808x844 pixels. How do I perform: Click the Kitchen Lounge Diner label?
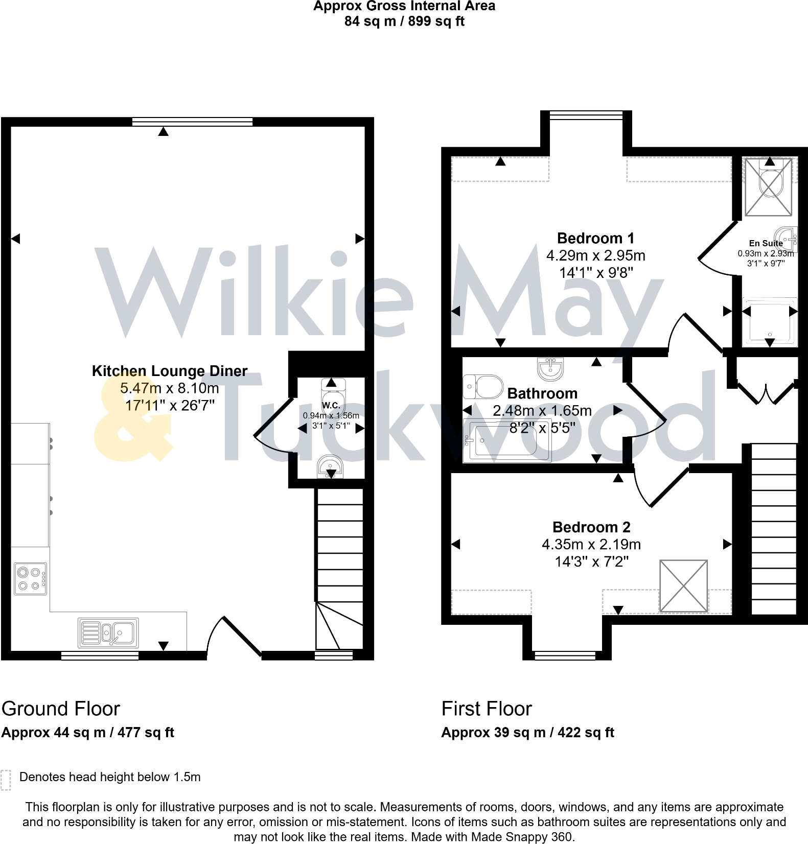click(169, 371)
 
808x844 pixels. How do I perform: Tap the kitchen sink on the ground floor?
click(108, 633)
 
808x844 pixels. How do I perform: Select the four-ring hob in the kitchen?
click(30, 579)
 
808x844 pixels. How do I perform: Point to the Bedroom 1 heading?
click(595, 238)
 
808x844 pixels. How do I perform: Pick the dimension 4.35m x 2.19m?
click(591, 545)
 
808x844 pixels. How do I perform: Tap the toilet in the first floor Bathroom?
click(483, 387)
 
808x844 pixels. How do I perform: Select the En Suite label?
click(765, 243)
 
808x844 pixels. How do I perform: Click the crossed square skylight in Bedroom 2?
click(683, 585)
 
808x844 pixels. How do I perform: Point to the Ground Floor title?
click(61, 709)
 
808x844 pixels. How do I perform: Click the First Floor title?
click(486, 709)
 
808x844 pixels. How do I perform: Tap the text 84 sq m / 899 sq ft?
click(404, 21)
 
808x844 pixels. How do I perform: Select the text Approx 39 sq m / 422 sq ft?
click(527, 733)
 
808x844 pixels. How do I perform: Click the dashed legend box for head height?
click(6, 780)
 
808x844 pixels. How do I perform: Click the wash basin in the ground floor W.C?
click(330, 466)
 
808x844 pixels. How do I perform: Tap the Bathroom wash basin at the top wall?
click(550, 368)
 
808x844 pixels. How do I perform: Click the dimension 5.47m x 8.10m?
click(169, 388)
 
